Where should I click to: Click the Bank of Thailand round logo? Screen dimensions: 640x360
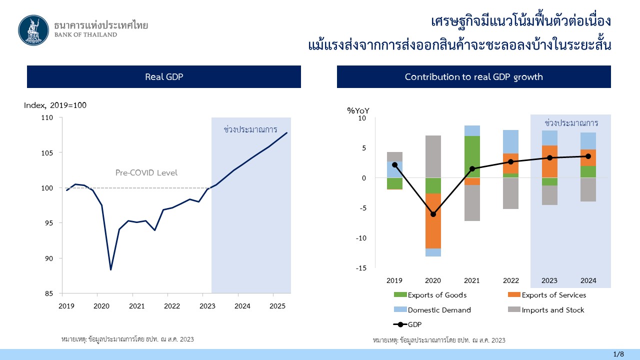coord(33,30)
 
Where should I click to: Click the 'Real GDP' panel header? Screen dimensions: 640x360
coord(164,76)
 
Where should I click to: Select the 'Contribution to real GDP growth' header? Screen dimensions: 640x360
coord(473,76)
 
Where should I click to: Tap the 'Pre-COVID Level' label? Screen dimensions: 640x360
coord(146,172)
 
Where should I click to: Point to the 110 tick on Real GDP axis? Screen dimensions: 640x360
coord(47,117)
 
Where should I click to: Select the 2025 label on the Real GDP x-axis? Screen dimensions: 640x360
coord(277,306)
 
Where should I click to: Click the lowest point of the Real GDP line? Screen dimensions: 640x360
coord(111,269)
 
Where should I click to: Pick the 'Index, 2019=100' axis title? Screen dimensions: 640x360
coord(55,105)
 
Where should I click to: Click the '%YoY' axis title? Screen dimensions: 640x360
coord(358,110)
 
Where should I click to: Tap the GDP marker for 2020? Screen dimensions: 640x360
coord(433,214)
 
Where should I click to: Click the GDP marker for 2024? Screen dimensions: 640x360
coord(588,156)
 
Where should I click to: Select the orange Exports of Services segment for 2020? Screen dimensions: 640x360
coord(433,221)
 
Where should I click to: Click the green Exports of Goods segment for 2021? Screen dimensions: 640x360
coord(472,157)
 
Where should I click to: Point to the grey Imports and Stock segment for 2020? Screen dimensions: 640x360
coord(433,156)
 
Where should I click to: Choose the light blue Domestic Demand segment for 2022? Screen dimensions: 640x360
coord(511,141)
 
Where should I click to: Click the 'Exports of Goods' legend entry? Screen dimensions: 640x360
coord(430,295)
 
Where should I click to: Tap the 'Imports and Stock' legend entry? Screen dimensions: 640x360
coord(546,309)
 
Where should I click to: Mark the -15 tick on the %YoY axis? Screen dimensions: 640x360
coord(361,268)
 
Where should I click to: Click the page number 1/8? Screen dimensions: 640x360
coord(618,354)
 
